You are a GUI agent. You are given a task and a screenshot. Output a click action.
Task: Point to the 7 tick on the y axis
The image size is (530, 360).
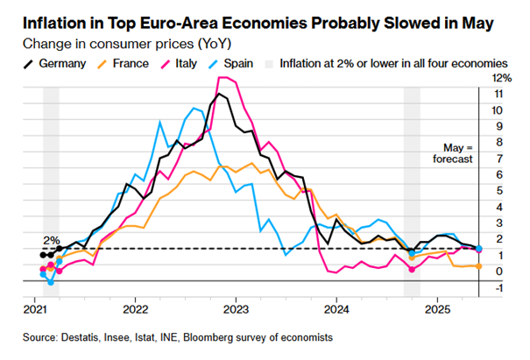(497, 159)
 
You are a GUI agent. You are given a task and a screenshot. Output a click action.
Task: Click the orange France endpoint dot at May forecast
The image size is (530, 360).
(478, 265)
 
